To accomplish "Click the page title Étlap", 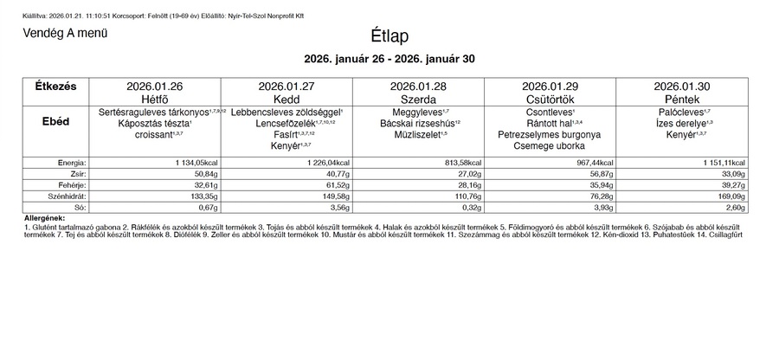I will (389, 36).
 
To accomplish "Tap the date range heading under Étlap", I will (389, 59).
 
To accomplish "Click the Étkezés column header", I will (55, 87).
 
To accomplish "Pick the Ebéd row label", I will (55, 123).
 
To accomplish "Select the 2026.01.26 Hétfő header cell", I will (155, 93).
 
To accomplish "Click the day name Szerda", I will (418, 100).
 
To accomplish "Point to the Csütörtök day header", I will (550, 100).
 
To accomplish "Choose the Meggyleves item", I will (418, 112).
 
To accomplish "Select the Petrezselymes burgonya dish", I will (550, 135).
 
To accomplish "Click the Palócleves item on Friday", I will (682, 112).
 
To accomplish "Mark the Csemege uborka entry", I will (550, 146).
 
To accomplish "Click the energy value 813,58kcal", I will (460, 163).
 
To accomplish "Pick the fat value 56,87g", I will (598, 174).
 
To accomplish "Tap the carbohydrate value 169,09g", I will (730, 196).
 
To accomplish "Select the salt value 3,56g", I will (337, 208).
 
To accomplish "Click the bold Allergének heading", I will (44, 217).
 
